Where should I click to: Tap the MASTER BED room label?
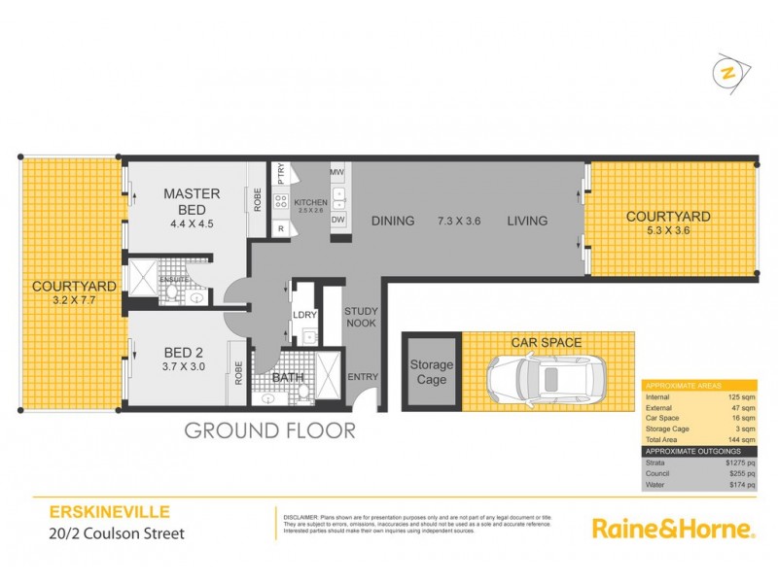point(191,201)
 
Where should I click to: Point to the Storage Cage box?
point(432,372)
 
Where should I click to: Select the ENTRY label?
point(362,377)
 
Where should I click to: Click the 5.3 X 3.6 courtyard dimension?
point(667,231)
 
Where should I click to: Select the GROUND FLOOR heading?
point(270,429)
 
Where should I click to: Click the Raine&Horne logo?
point(673,530)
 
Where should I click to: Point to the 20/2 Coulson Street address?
point(104,532)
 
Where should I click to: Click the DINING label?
point(393,221)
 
